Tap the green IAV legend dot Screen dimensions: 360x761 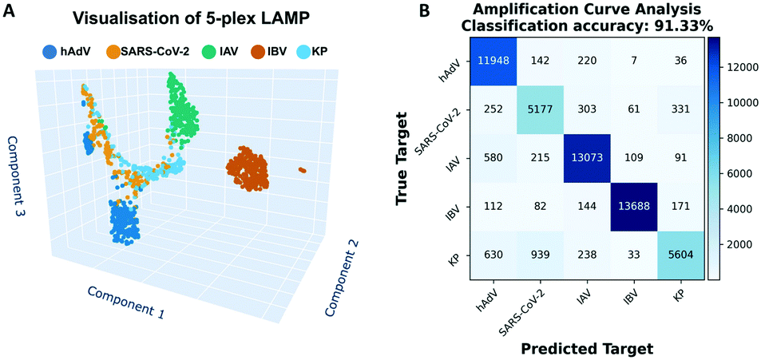coord(186,53)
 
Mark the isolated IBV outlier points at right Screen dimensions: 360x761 coord(301,169)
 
